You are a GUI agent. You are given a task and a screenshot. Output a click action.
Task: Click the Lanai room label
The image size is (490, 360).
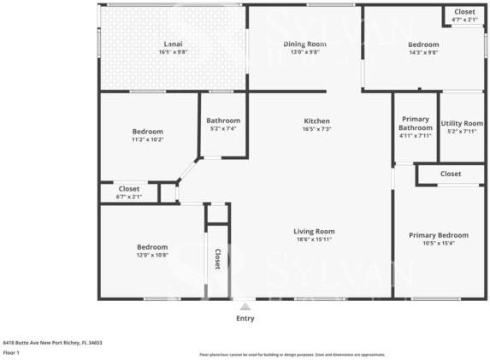tap(173, 44)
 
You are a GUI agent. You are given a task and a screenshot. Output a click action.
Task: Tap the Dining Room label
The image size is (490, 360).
tap(305, 44)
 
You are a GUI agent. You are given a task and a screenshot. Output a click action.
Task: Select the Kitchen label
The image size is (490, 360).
tap(316, 121)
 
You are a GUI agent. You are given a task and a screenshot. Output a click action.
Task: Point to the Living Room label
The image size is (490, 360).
tap(314, 231)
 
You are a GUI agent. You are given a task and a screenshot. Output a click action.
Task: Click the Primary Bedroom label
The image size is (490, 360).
tap(438, 235)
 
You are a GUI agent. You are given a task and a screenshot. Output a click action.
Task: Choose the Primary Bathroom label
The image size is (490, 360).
tap(416, 123)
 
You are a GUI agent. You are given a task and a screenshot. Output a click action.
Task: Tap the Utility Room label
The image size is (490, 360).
tap(462, 123)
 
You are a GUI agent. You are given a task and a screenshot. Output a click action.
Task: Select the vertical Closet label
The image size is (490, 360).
tap(217, 259)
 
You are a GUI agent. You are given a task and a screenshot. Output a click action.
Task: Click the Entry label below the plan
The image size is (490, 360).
tap(245, 318)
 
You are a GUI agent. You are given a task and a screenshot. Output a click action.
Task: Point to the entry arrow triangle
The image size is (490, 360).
tap(245, 304)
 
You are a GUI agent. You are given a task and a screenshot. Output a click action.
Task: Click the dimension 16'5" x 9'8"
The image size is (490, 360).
tap(173, 52)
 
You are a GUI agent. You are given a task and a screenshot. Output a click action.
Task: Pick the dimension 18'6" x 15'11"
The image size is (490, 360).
tap(314, 239)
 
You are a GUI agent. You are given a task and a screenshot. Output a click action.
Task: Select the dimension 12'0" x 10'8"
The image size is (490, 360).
tap(152, 254)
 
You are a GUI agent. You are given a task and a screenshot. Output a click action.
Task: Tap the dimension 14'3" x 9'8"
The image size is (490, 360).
tap(422, 52)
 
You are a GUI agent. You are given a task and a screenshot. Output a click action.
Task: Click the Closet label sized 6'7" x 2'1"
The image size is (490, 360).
tap(129, 188)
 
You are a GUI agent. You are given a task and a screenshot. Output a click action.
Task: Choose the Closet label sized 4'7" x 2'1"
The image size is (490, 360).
tap(464, 12)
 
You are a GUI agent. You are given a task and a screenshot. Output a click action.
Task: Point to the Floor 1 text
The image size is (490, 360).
tap(11, 351)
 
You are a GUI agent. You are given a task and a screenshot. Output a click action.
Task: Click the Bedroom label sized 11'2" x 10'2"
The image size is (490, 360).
tap(147, 131)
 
